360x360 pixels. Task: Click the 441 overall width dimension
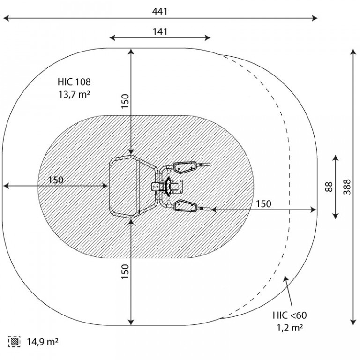pyautogui.click(x=160, y=11)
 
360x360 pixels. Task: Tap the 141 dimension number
pyautogui.click(x=160, y=31)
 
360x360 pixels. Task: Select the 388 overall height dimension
pyautogui.click(x=347, y=187)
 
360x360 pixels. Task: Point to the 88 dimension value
pyautogui.click(x=329, y=187)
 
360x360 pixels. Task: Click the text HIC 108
pyautogui.click(x=74, y=82)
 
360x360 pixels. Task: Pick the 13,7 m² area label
pyautogui.click(x=74, y=94)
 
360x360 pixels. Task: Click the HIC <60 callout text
pyautogui.click(x=290, y=315)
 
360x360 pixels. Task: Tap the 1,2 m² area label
pyautogui.click(x=290, y=328)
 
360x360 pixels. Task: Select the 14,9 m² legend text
pyautogui.click(x=43, y=342)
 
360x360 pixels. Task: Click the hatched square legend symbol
pyautogui.click(x=14, y=341)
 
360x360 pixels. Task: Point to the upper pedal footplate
pyautogui.click(x=185, y=167)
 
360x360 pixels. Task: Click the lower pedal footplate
pyautogui.click(x=185, y=205)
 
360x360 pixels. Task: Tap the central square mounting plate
pyautogui.click(x=176, y=186)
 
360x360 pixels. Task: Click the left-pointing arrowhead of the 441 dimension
pyautogui.click(x=6, y=18)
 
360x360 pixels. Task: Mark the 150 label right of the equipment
pyautogui.click(x=263, y=203)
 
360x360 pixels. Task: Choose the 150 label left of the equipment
pyautogui.click(x=56, y=180)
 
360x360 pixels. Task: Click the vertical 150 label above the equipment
pyautogui.click(x=125, y=101)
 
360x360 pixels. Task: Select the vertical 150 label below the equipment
pyautogui.click(x=125, y=271)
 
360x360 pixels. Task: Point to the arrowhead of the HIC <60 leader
pyautogui.click(x=285, y=278)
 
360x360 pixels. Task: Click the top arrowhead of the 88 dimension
pyautogui.click(x=336, y=158)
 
